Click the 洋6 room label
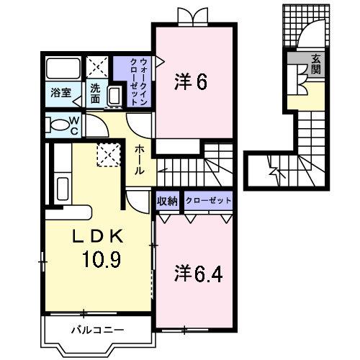click(191, 82)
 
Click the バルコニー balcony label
click(98, 330)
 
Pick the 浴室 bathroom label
click(59, 91)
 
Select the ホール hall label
click(140, 159)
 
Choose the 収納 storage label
click(167, 201)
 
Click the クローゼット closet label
click(208, 201)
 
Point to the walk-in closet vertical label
click(140, 81)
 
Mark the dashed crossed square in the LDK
click(109, 154)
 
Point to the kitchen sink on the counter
click(63, 189)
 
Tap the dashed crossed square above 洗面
click(98, 69)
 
